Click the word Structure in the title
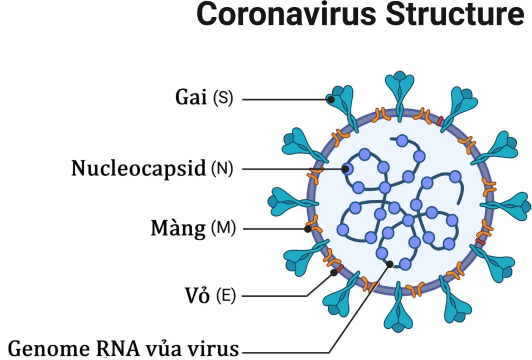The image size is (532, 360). point(454,15)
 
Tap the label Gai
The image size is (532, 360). point(191,97)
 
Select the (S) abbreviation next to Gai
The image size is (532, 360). point(223,98)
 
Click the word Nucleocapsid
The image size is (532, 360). point(138,168)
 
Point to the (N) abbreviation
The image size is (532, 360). point(222,169)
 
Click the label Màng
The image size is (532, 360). point(178,228)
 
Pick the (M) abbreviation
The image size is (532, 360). point(223,228)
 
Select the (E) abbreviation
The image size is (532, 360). point(225,296)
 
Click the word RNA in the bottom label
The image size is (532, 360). point(116,348)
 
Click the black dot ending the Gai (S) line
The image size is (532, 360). point(331,99)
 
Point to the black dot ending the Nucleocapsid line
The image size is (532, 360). point(345,169)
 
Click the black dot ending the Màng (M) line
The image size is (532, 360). point(308,228)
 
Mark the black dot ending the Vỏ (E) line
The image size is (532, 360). point(333,272)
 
